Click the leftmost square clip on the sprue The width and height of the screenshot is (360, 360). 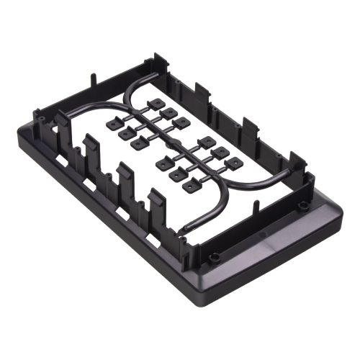pyautogui.click(x=113, y=124)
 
